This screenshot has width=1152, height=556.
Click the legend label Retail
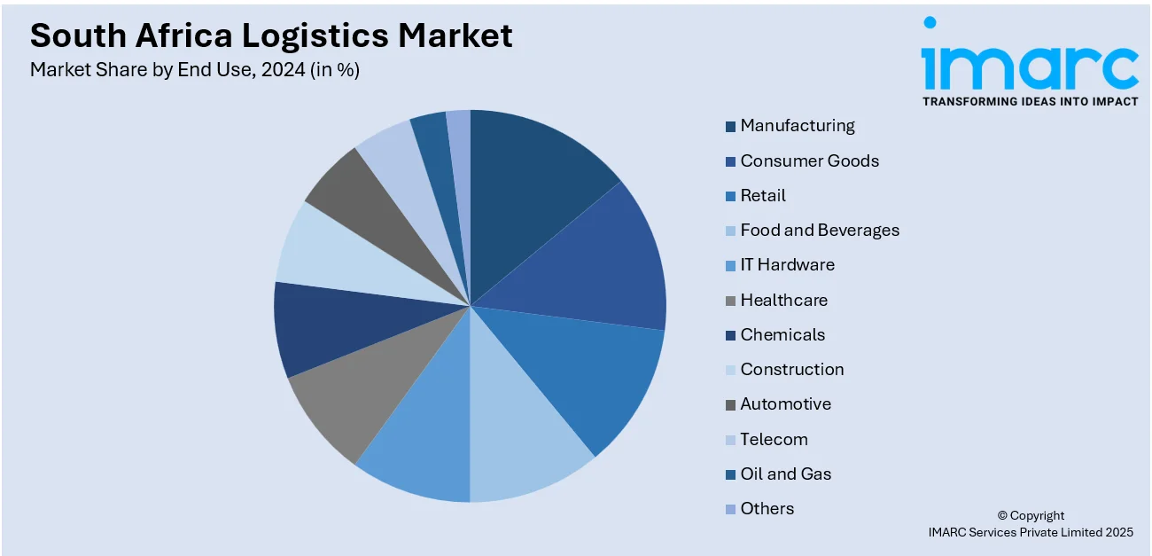pos(763,195)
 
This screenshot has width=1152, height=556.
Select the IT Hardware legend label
pos(787,264)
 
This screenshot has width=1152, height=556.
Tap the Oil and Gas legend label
pos(786,474)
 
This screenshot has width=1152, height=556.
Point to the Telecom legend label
pos(774,439)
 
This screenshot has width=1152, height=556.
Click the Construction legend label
pos(792,369)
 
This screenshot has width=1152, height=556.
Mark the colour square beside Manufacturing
pos(730,127)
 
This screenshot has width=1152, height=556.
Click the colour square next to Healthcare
pos(730,301)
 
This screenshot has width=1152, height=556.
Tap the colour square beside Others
pos(730,509)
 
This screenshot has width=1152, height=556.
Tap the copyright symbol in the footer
pos(1003,516)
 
